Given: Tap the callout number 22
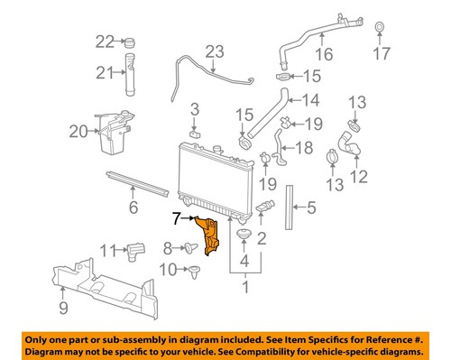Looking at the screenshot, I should pos(106,42).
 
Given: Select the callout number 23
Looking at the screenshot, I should pos(213,51).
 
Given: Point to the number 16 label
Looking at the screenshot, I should pos(324,54).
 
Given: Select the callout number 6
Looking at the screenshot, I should pos(133,208).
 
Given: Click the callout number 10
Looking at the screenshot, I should pos(168,269).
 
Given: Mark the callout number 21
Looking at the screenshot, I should pos(106,73).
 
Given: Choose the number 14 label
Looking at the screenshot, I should pos(309,100).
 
